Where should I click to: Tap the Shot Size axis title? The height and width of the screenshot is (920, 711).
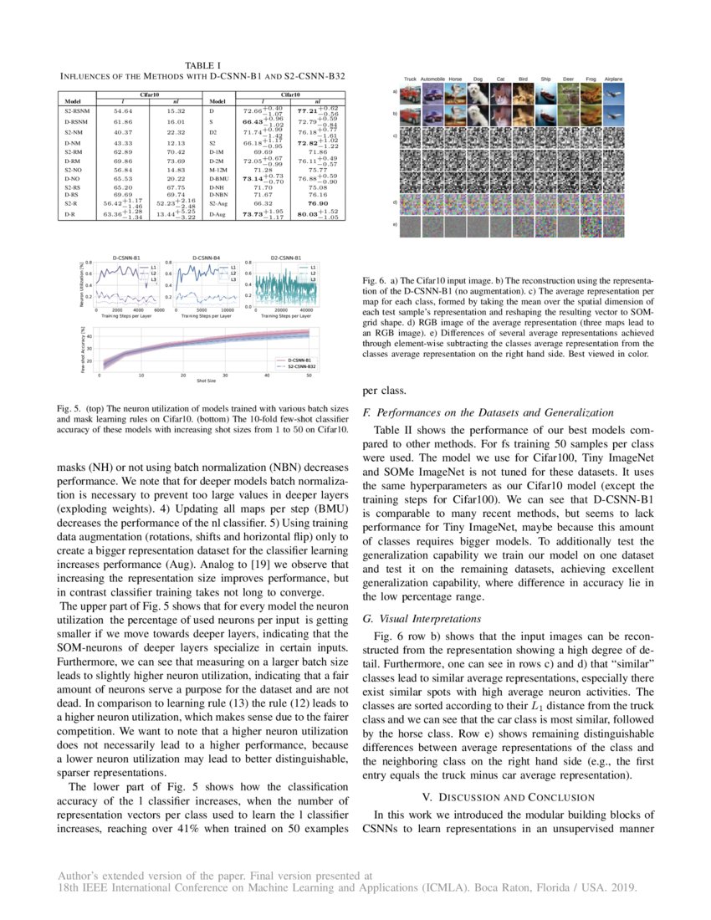206,381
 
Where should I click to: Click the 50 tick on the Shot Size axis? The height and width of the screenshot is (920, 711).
309,375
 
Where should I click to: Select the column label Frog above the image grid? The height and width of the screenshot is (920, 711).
591,79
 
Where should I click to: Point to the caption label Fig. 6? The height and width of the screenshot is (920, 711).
374,279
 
